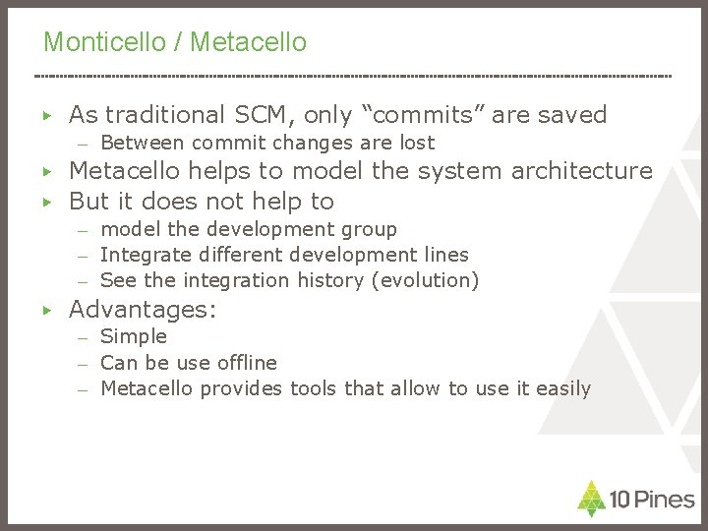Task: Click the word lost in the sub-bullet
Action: (x=415, y=144)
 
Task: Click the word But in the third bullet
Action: (x=88, y=202)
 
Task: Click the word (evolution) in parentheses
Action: (x=429, y=280)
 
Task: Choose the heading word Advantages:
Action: (x=143, y=309)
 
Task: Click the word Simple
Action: (x=134, y=337)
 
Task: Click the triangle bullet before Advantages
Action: (x=47, y=310)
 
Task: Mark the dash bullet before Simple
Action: (x=85, y=337)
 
